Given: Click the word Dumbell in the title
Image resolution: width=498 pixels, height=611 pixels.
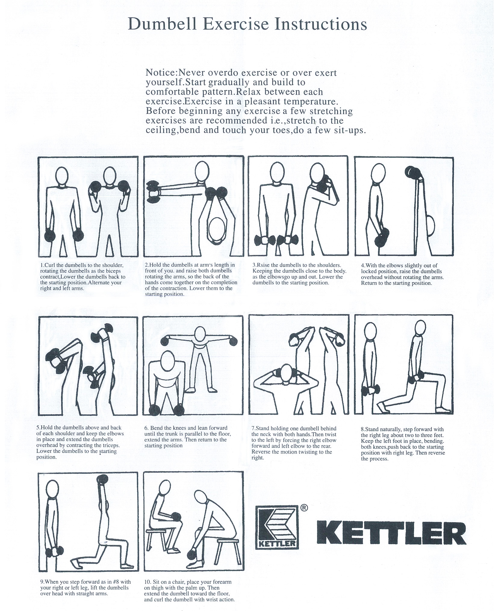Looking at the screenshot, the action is click(x=162, y=24).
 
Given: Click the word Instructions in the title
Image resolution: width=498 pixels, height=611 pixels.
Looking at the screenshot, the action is click(x=321, y=24).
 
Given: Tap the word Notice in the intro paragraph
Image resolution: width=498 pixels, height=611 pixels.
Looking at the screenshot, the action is click(x=161, y=73).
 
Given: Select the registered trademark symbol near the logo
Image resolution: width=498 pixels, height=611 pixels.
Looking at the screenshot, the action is click(x=304, y=508).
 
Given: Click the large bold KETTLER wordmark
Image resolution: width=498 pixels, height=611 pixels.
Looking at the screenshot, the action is click(x=391, y=533).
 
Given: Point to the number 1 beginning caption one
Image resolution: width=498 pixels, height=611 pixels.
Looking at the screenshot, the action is click(x=42, y=265).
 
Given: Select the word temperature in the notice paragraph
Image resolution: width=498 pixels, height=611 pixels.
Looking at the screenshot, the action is click(x=311, y=102).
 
